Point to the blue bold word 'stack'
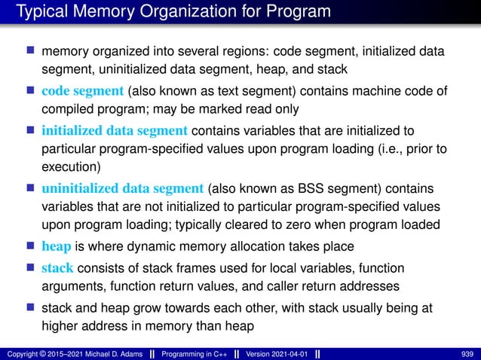click(57, 267)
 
